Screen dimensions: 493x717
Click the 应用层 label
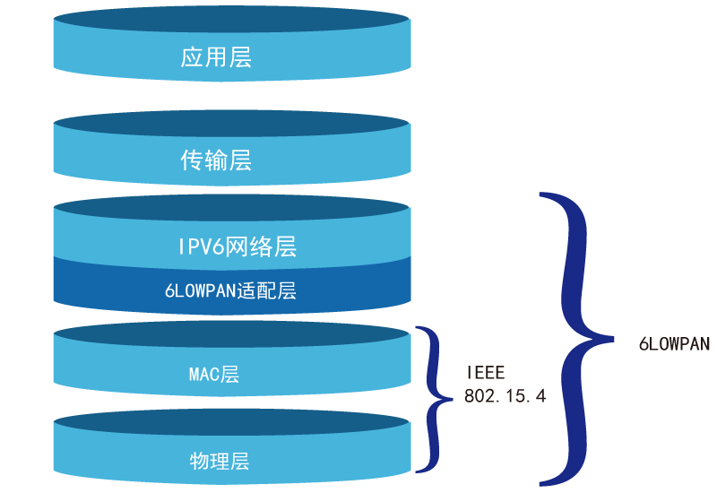click(x=216, y=58)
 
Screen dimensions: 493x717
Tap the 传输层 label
click(x=216, y=160)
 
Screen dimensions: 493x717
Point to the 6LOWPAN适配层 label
click(x=230, y=290)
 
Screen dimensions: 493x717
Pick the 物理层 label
click(x=220, y=462)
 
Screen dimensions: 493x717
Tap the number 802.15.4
click(x=505, y=395)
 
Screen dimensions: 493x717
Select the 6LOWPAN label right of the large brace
click(x=674, y=343)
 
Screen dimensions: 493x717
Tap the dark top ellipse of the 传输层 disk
click(x=232, y=124)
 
